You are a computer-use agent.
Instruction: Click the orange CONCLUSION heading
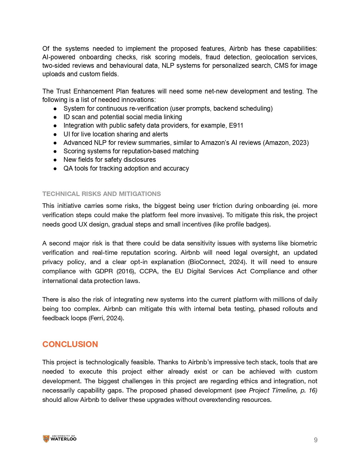[x=70, y=344]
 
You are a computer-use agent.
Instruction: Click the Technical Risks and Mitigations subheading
[x=102, y=194]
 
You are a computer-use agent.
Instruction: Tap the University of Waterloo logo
[x=60, y=439]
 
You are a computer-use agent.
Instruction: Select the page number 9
[x=316, y=440]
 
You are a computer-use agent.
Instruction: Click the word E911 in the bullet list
[x=236, y=125]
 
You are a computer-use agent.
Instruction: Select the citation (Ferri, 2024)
[x=106, y=318]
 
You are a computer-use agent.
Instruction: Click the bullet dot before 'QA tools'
[x=55, y=169]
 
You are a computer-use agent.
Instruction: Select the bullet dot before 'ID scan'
[x=55, y=117]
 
